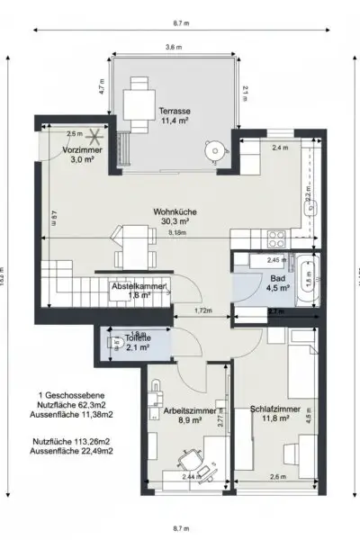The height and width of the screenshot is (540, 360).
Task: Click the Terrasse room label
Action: click(x=169, y=112)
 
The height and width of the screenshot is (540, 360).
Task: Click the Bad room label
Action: click(x=278, y=283)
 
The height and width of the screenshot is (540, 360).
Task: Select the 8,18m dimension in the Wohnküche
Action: click(x=179, y=231)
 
